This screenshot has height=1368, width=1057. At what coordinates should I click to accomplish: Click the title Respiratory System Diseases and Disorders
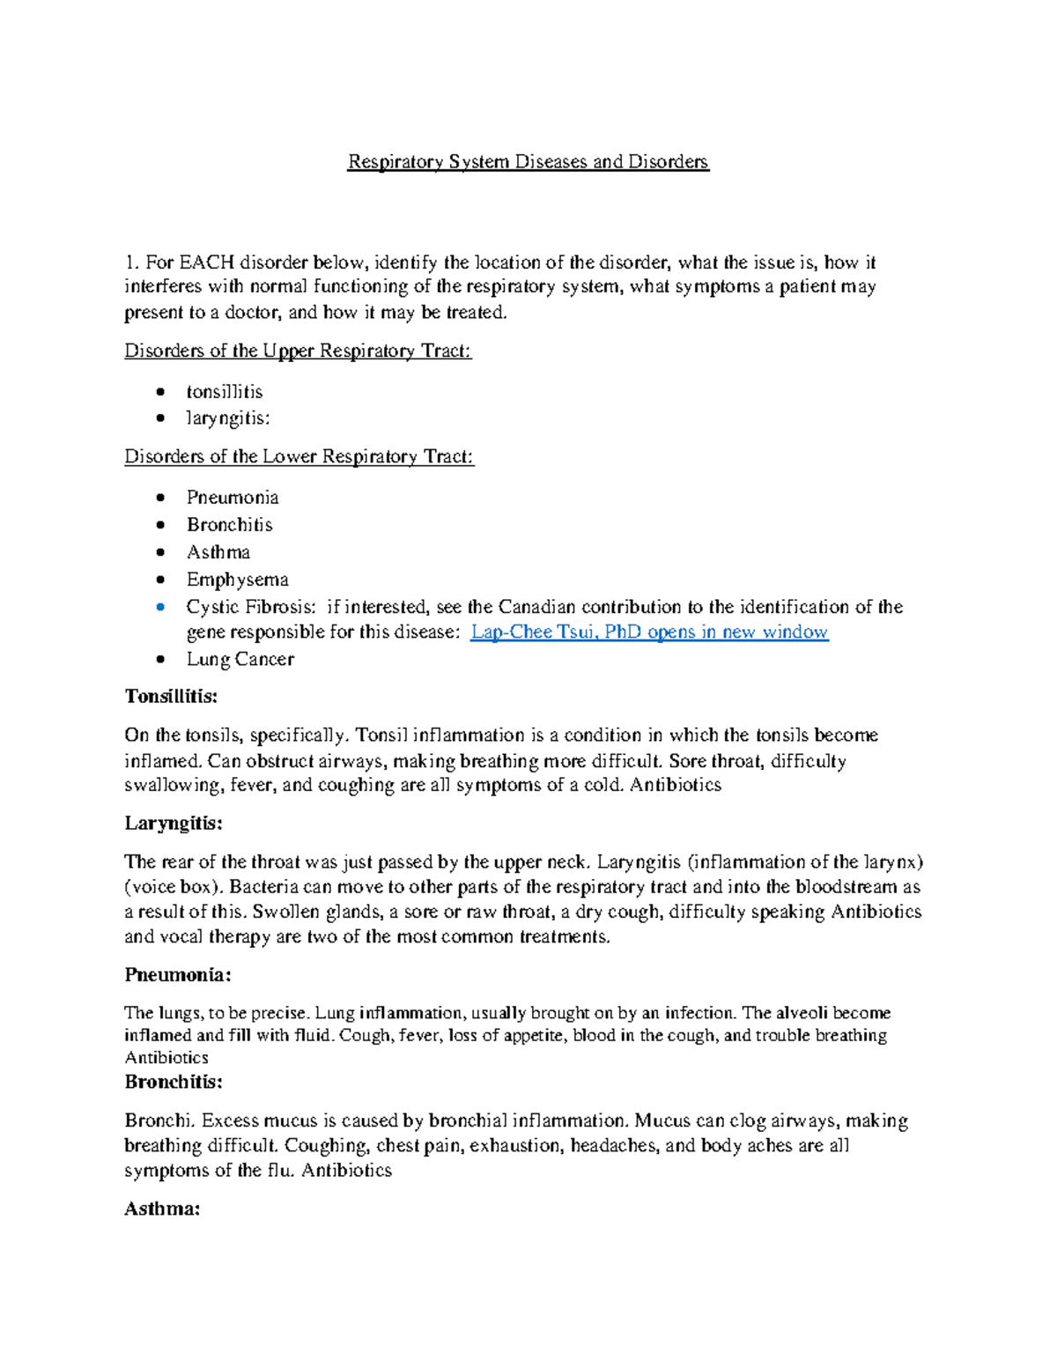[528, 162]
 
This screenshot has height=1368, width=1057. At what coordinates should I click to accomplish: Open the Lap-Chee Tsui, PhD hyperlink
[649, 632]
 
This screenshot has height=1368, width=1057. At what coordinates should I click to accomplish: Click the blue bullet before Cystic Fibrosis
[159, 607]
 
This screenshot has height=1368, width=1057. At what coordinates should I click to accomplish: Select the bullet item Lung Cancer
[240, 660]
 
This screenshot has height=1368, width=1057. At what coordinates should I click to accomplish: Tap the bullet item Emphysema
[237, 580]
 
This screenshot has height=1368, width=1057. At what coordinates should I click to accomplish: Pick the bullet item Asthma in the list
[218, 552]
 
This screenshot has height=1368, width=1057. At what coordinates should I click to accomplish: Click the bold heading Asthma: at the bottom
[162, 1209]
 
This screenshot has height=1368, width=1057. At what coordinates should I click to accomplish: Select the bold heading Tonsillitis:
[171, 697]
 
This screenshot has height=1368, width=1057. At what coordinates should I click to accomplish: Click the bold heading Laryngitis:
[174, 824]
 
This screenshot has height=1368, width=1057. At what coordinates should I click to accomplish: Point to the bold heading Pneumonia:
[178, 975]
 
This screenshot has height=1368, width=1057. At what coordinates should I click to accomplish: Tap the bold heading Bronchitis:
[174, 1082]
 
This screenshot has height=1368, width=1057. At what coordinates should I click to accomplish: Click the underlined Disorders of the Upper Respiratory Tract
[298, 351]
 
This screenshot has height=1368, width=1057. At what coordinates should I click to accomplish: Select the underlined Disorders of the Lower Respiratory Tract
[299, 457]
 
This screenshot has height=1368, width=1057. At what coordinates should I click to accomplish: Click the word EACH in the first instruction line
[207, 263]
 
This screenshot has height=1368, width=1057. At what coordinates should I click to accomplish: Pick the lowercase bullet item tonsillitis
[224, 392]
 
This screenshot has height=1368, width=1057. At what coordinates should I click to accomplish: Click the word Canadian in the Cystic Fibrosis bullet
[537, 607]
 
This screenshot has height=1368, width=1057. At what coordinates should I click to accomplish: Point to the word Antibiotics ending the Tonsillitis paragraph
[676, 785]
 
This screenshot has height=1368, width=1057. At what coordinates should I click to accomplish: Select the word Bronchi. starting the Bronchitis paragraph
[159, 1121]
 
